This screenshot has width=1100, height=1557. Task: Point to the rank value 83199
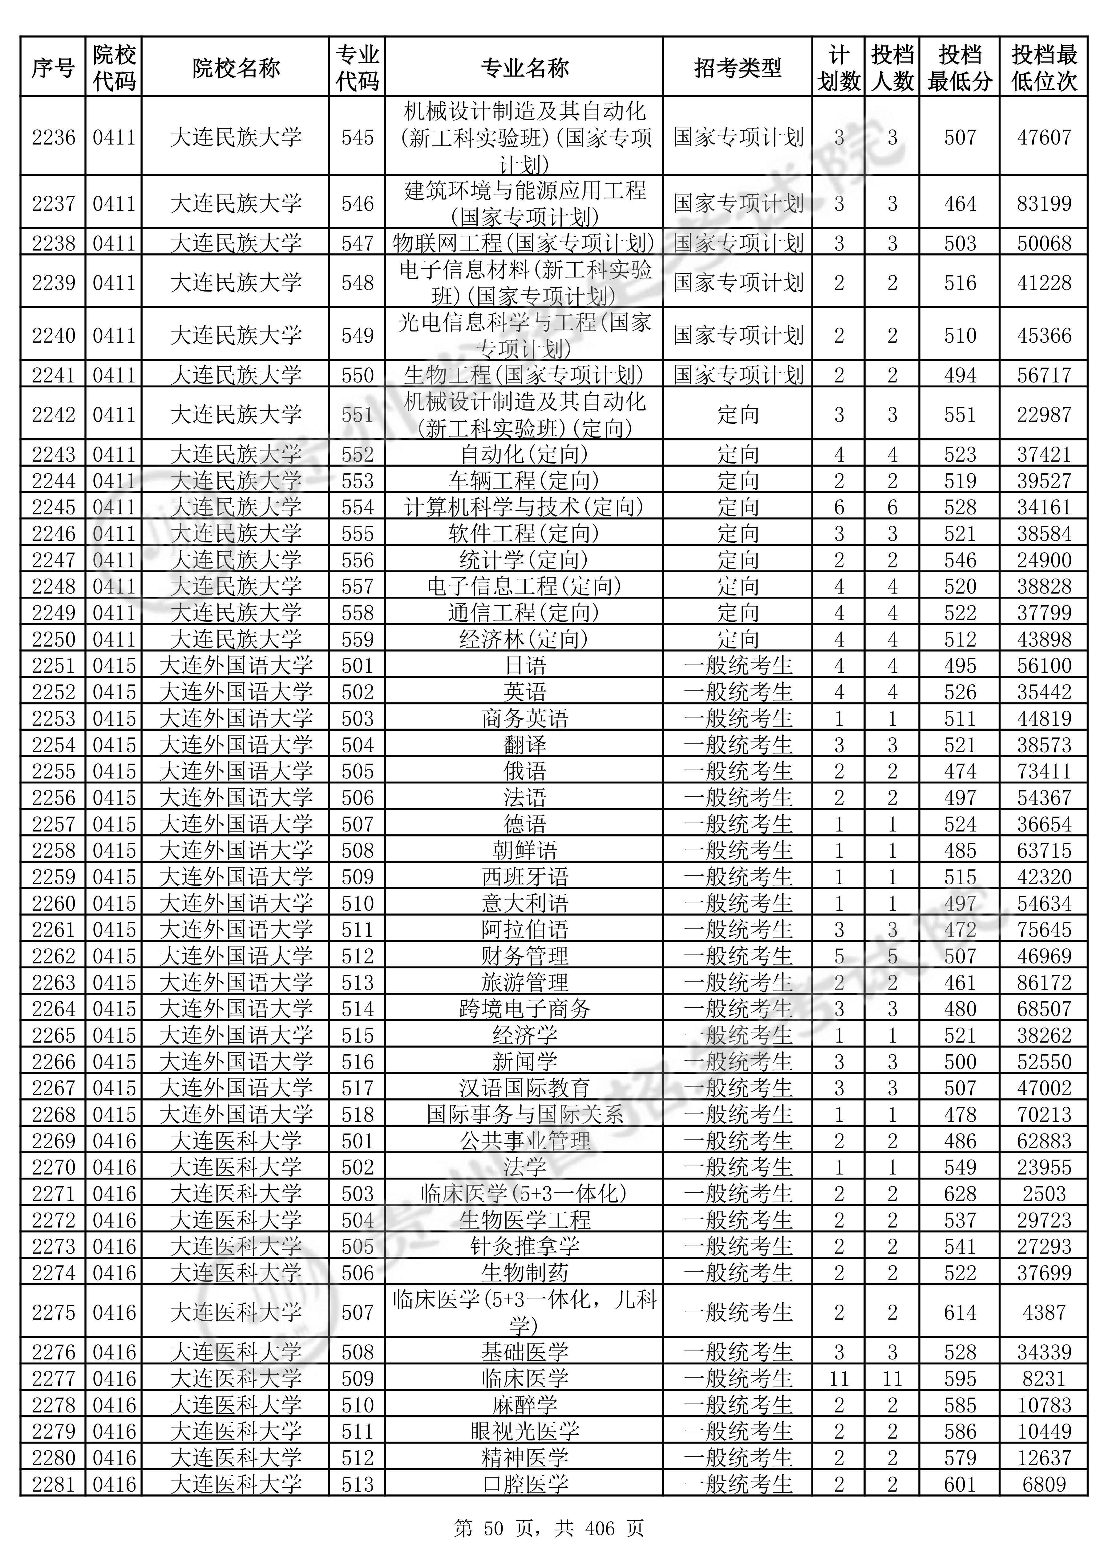[1044, 203]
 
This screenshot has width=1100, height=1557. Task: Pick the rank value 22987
[1044, 414]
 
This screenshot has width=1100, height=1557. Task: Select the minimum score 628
[960, 1194]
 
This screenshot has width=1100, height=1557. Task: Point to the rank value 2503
[1044, 1194]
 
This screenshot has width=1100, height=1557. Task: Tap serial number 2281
[54, 1485]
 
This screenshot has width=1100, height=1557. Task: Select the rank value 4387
[1044, 1312]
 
